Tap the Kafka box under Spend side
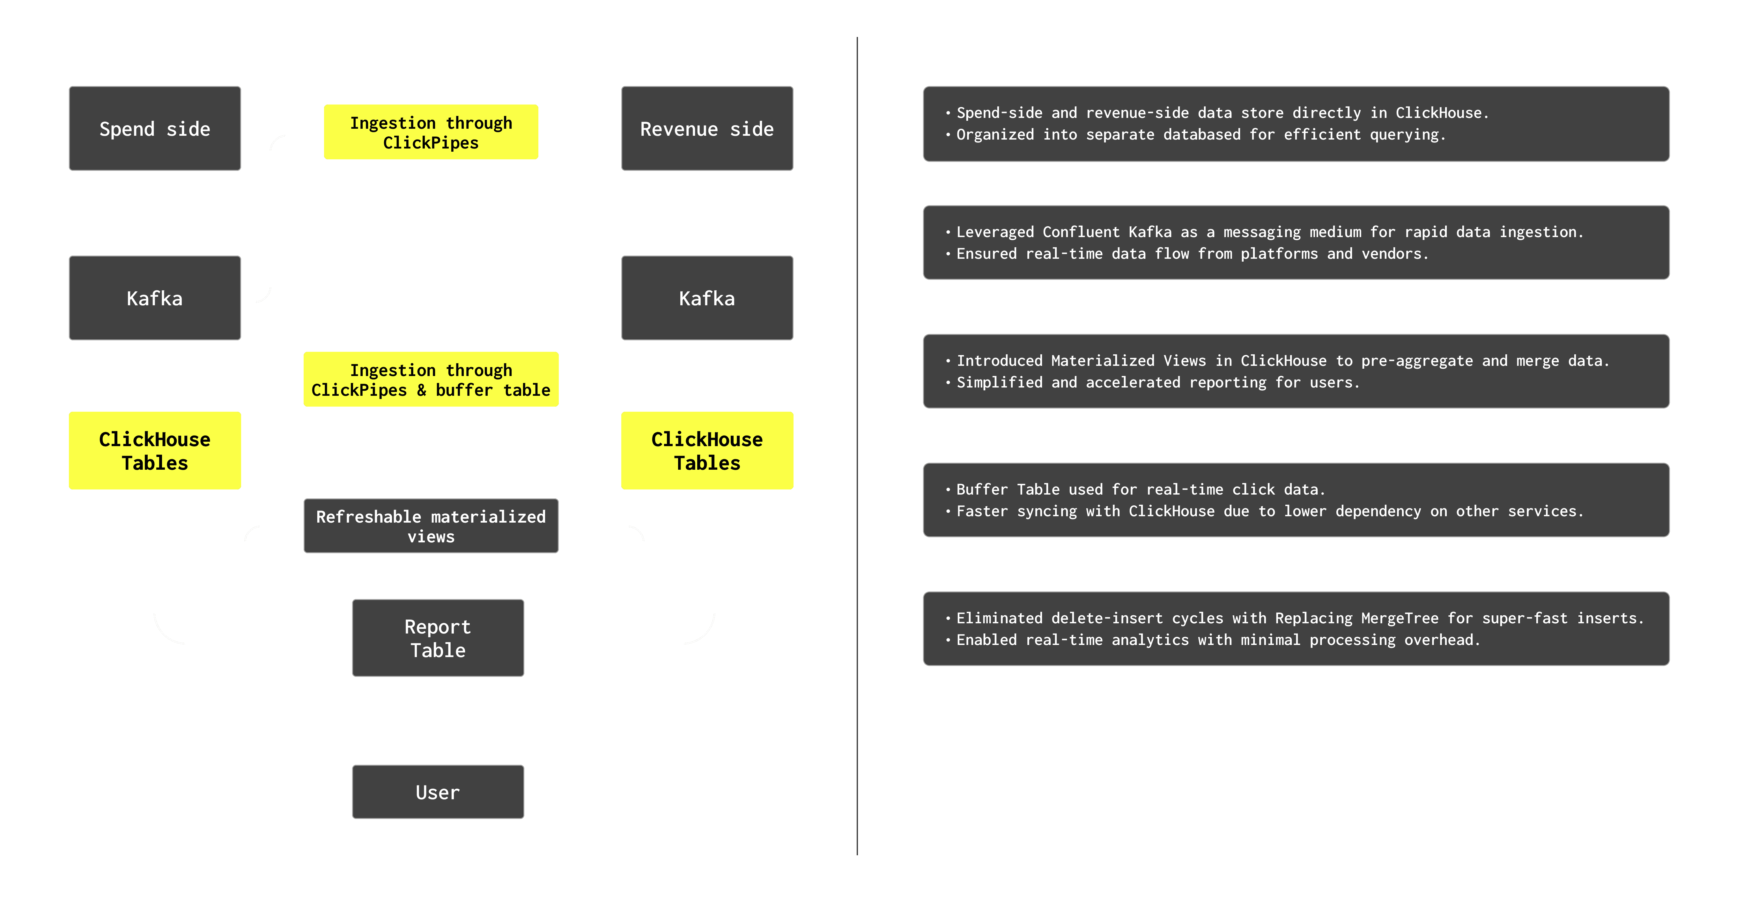[155, 298]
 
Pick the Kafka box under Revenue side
[707, 298]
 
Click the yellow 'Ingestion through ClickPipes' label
[431, 132]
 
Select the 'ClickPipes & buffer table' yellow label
[431, 380]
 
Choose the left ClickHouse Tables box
[155, 451]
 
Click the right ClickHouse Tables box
[707, 451]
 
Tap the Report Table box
[438, 638]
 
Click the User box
[438, 792]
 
